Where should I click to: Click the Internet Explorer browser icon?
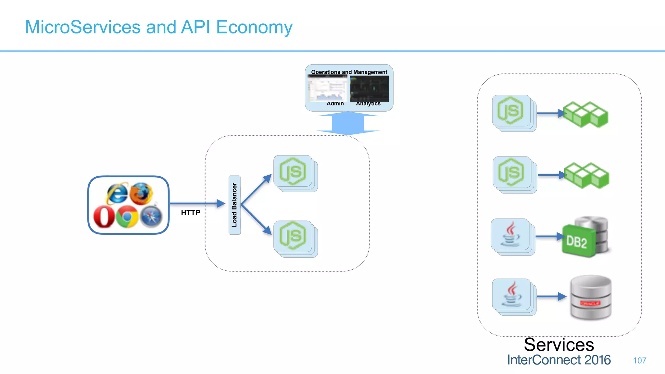click(117, 193)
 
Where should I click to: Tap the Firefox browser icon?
click(141, 194)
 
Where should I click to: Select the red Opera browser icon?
click(104, 217)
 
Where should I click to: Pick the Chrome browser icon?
click(127, 217)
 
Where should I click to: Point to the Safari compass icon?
click(151, 217)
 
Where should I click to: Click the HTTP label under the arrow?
click(191, 213)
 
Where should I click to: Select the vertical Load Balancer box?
click(234, 205)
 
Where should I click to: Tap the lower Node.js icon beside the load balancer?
click(293, 236)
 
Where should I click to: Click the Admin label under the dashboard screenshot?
click(335, 104)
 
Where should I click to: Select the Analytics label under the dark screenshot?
click(368, 104)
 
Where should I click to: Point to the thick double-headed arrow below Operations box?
click(348, 123)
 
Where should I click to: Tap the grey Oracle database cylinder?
click(591, 297)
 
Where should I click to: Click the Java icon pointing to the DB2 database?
click(510, 234)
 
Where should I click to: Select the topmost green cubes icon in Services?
click(585, 114)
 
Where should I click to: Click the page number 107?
click(639, 360)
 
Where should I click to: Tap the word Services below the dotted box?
click(559, 345)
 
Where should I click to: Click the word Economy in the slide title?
click(254, 27)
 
